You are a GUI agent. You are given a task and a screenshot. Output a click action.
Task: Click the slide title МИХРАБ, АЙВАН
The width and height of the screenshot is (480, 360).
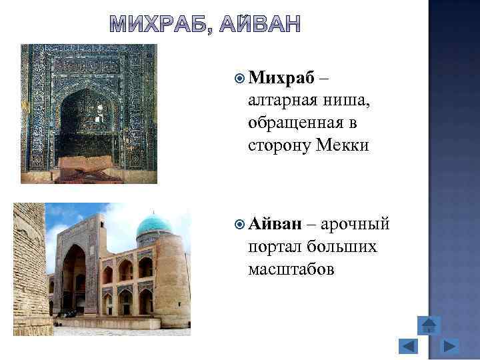205,23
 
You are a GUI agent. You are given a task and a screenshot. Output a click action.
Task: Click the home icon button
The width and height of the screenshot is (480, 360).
429,325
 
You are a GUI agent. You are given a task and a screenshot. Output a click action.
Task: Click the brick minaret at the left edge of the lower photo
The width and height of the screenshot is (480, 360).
30,267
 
